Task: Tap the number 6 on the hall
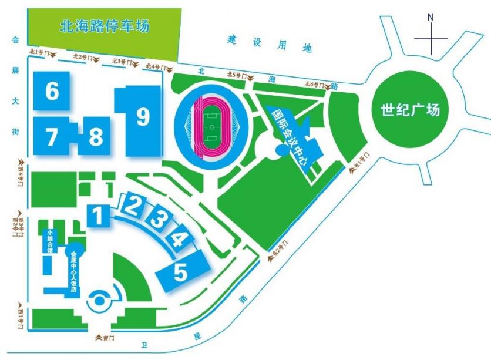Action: (x=52, y=91)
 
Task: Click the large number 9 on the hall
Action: (x=142, y=117)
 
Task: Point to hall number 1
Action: (x=99, y=216)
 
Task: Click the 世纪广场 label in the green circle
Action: (x=410, y=110)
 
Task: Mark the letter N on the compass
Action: (x=431, y=18)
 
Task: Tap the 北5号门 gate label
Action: (x=237, y=75)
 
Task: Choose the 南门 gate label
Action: (x=103, y=338)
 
